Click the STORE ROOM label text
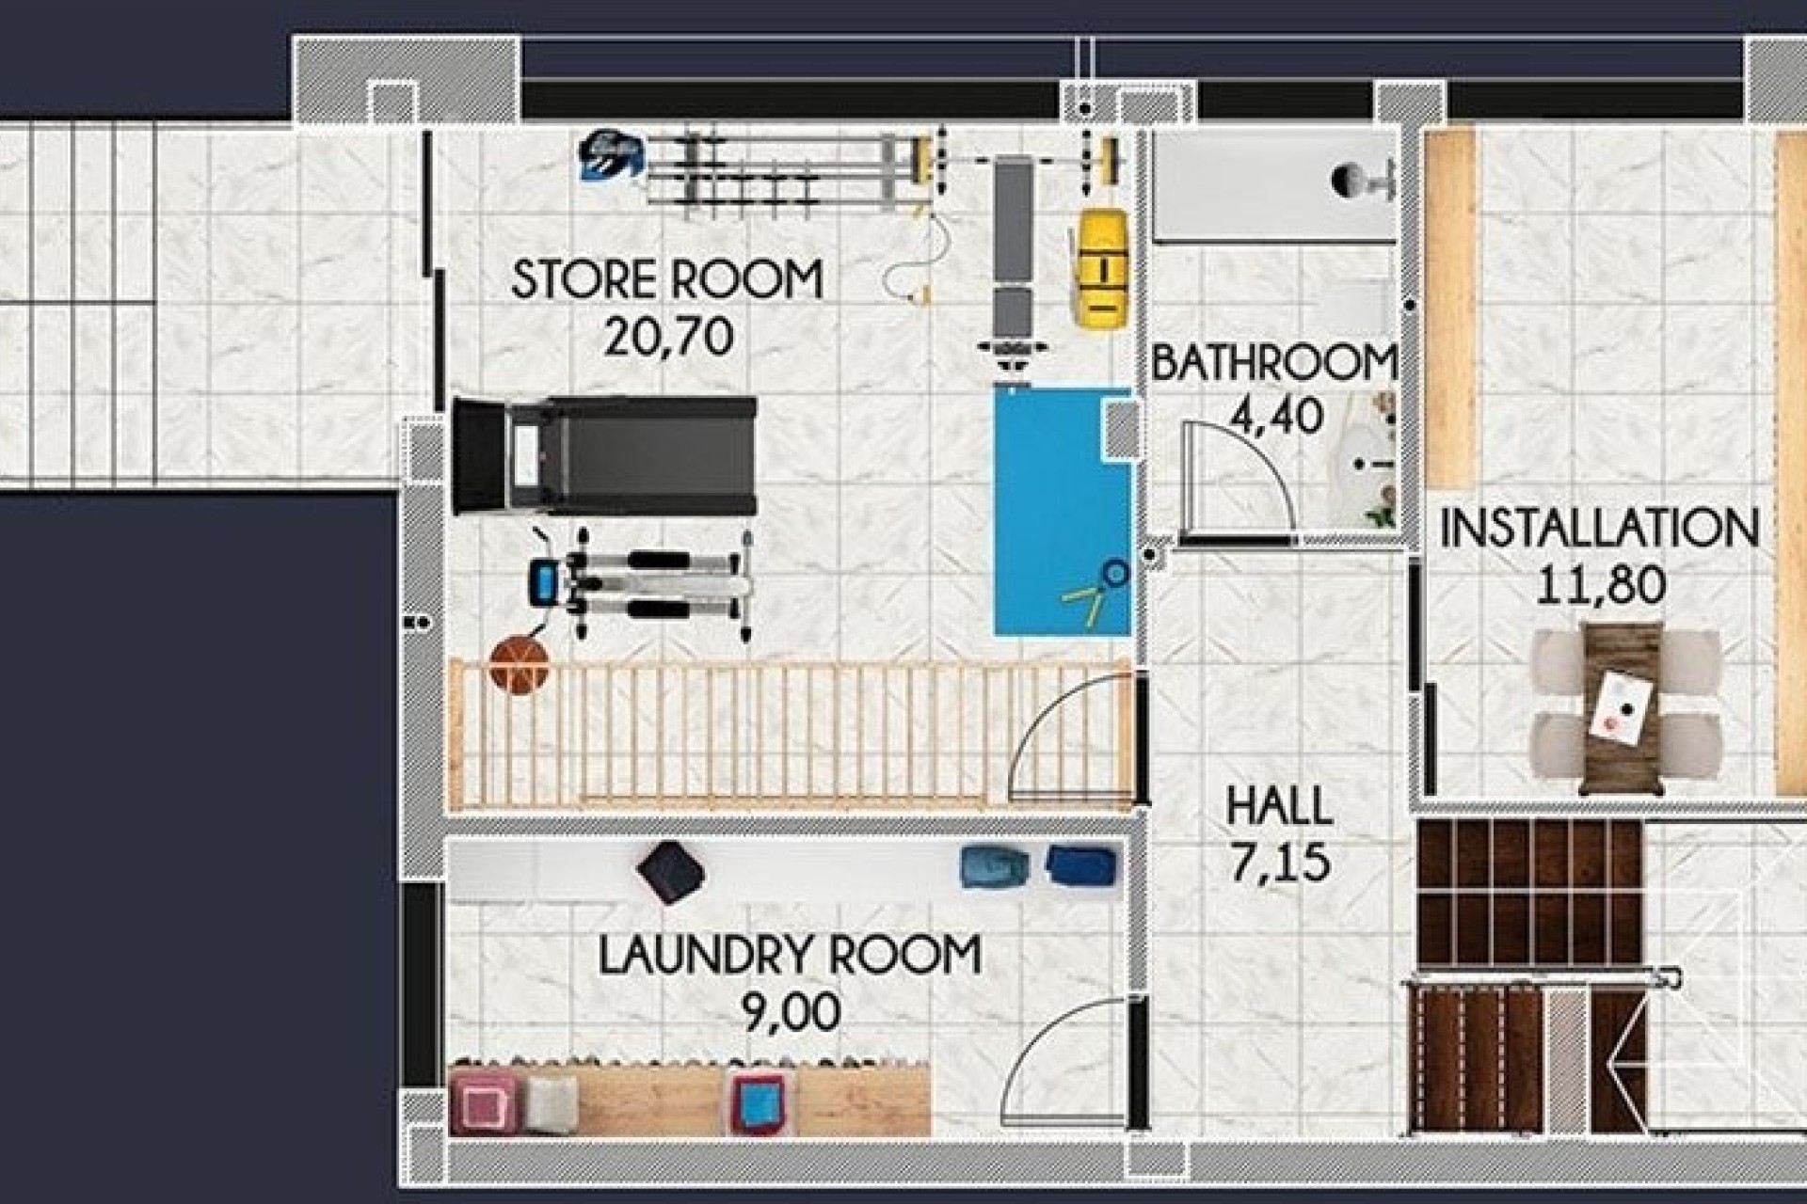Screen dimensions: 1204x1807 coord(666,280)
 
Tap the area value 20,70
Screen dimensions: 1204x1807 coord(668,337)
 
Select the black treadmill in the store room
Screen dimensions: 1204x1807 coord(604,455)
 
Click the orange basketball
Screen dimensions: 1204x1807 coord(519,664)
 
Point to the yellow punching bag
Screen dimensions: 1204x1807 coord(1102,269)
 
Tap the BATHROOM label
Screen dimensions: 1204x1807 coord(1272,363)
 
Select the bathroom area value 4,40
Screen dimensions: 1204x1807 coord(1276,416)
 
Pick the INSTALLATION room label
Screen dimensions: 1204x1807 coord(1598,529)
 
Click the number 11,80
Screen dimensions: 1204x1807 coord(1600,585)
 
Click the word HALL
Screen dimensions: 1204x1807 coord(1278,807)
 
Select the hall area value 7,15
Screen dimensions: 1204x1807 coord(1280,863)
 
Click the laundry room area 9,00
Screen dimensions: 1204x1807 coord(791,1012)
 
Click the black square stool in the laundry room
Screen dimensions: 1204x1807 coord(670,871)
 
